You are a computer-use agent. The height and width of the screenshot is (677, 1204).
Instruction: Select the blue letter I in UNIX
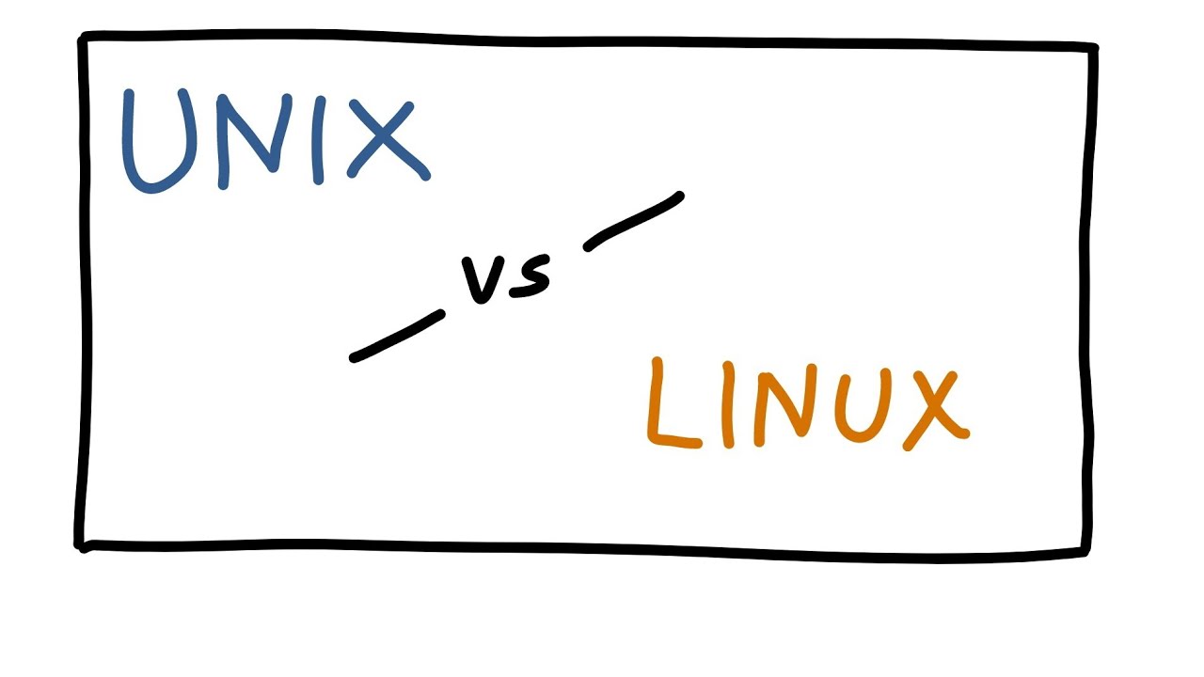319,137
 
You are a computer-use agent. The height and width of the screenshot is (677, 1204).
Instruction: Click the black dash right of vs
633,222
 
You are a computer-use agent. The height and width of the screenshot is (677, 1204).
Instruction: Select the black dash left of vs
396,336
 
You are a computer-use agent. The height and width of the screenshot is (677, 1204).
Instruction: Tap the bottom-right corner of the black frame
1087,553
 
